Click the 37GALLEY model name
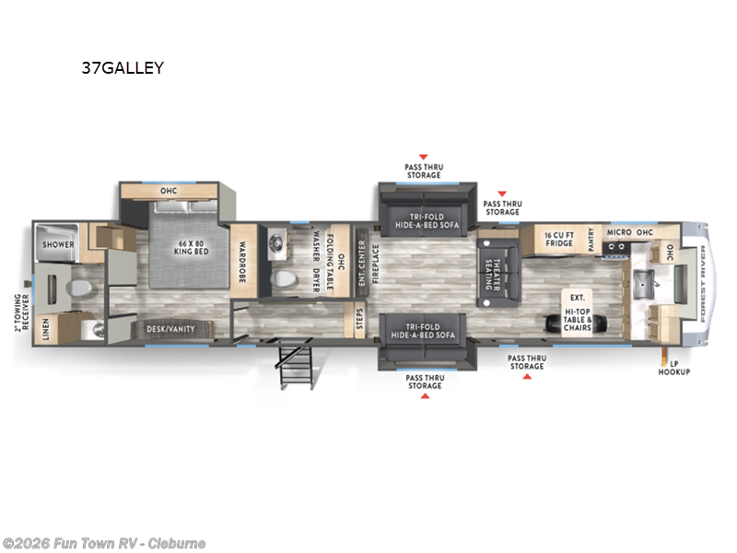point(122,68)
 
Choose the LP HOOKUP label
point(673,368)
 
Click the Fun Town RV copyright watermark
point(103,543)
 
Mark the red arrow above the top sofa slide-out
point(423,158)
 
